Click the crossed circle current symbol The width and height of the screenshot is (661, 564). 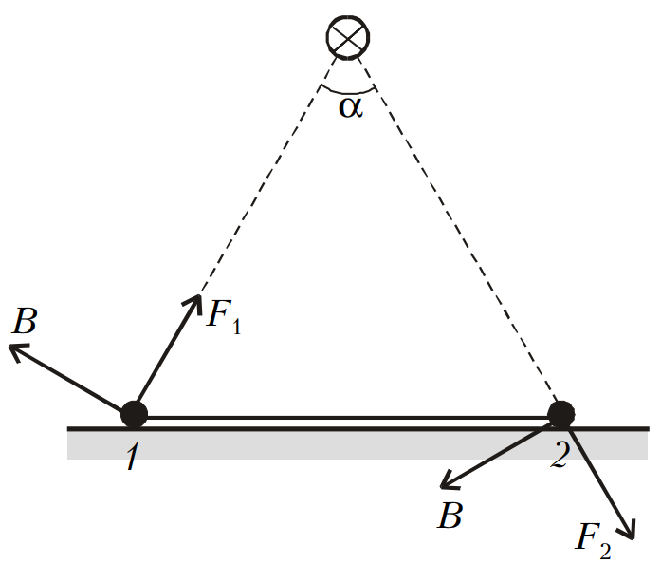tap(348, 37)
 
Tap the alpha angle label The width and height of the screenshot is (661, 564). tap(351, 107)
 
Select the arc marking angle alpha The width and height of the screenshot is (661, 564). tap(348, 91)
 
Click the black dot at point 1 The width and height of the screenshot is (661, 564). tap(134, 415)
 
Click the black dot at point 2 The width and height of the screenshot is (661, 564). tap(560, 415)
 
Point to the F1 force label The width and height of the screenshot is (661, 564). tap(224, 316)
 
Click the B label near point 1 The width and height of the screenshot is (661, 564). tap(25, 321)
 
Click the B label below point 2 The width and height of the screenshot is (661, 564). tap(450, 515)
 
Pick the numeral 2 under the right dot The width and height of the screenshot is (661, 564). tap(560, 454)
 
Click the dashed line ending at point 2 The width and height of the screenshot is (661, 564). tap(459, 231)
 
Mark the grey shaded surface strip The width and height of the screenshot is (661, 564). tap(358, 445)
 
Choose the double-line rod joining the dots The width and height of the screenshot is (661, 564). tap(347, 418)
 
